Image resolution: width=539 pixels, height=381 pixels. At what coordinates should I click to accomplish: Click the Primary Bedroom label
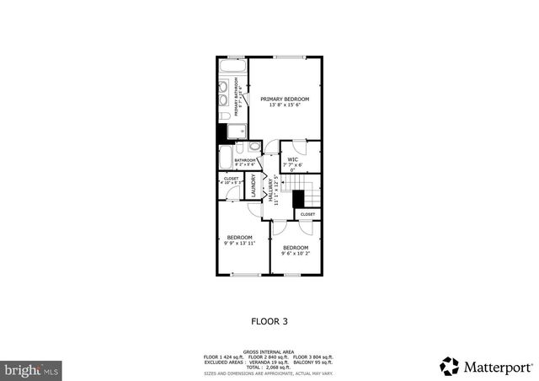point(284,99)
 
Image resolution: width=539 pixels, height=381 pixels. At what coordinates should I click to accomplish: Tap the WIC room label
point(293,158)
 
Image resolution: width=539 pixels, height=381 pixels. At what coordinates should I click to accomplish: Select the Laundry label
point(253,185)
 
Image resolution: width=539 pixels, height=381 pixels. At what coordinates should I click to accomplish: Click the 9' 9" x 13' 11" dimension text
point(239,244)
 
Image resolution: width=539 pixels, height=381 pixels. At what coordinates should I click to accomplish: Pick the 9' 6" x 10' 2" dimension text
point(296,252)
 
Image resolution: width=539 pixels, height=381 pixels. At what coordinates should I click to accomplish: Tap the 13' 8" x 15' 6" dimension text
point(284,105)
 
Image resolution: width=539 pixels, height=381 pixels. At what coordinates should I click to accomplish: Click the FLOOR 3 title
point(269,321)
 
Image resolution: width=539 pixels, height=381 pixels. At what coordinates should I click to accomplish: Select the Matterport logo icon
point(448,366)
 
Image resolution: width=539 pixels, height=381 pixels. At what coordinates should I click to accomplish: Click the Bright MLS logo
point(32,369)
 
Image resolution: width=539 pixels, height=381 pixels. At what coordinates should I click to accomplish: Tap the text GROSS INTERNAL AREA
point(269,351)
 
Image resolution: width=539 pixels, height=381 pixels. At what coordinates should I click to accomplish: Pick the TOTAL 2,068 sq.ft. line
point(269,368)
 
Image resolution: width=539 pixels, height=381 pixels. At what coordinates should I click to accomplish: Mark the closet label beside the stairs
point(307,214)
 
